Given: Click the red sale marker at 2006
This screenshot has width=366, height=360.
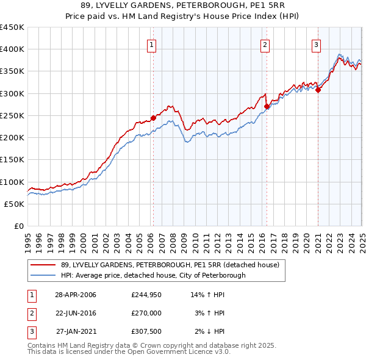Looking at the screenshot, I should click(153, 118).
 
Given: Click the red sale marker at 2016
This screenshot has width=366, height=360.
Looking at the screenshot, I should click(267, 106).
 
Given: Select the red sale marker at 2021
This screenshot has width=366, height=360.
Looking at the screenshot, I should click(318, 90).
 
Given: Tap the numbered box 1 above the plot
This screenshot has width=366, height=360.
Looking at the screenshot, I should click(151, 44).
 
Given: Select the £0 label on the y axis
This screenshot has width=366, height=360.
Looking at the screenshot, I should click(19, 226).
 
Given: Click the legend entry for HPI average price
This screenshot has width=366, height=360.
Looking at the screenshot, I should click(153, 275).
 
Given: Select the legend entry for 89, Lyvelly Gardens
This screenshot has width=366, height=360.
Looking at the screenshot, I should click(170, 265).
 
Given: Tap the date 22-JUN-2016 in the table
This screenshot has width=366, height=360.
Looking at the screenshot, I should click(76, 313).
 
